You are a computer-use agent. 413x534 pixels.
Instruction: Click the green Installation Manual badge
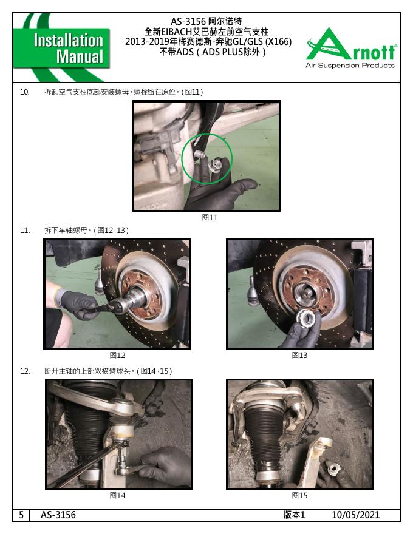tap(62, 48)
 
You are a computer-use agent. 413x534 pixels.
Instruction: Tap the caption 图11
tap(210, 217)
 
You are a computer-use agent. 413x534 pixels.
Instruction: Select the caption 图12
tap(118, 355)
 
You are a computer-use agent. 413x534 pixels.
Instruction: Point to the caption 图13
tap(299, 355)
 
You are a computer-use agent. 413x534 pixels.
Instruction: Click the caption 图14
tap(118, 496)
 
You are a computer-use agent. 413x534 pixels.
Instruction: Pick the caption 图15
tap(299, 496)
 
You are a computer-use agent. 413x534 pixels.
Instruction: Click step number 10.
tap(24, 92)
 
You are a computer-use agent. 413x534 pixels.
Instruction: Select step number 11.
tap(24, 231)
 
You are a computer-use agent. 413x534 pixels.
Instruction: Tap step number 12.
tap(24, 371)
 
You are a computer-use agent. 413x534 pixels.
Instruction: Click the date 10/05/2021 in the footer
tap(356, 515)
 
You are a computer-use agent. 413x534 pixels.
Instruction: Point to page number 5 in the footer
tap(21, 515)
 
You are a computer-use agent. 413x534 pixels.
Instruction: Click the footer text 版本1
tap(294, 515)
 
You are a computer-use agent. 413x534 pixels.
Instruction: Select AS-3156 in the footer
tap(58, 515)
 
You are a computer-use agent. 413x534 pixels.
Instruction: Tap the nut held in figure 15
tap(333, 469)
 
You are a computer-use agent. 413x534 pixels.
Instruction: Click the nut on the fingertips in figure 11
tap(217, 164)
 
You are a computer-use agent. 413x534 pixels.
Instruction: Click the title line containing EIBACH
tap(206, 32)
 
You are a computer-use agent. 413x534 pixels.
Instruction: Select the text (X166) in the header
tap(278, 41)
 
